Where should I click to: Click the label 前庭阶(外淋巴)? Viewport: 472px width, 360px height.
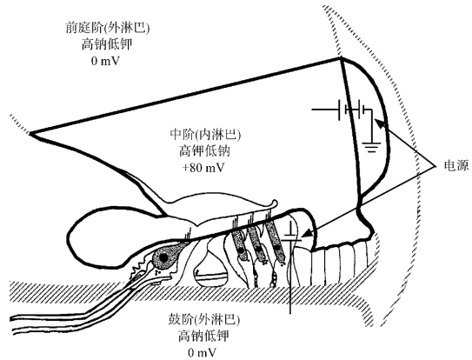[107, 29]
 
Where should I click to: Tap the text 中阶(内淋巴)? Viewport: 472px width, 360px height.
[205, 135]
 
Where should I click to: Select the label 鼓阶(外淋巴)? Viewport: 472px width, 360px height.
[204, 320]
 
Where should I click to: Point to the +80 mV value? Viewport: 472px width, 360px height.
[203, 168]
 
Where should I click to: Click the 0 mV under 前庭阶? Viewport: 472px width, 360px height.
[106, 61]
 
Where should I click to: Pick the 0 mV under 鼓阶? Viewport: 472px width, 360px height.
[203, 352]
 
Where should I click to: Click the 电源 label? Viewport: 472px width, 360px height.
[456, 166]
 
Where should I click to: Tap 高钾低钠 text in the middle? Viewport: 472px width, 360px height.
[204, 151]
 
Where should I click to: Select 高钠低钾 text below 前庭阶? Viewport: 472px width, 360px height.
[107, 44]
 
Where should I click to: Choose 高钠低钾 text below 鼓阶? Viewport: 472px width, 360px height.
[203, 337]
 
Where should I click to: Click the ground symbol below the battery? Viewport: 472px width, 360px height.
[372, 146]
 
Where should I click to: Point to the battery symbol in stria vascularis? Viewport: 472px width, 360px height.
[352, 110]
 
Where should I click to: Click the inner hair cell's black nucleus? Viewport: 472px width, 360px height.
[163, 257]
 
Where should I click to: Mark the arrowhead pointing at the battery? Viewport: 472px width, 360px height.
[379, 123]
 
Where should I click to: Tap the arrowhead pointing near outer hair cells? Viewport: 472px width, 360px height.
[307, 233]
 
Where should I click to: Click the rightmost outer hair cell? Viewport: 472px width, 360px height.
[276, 243]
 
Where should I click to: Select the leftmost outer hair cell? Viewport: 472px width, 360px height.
[238, 243]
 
